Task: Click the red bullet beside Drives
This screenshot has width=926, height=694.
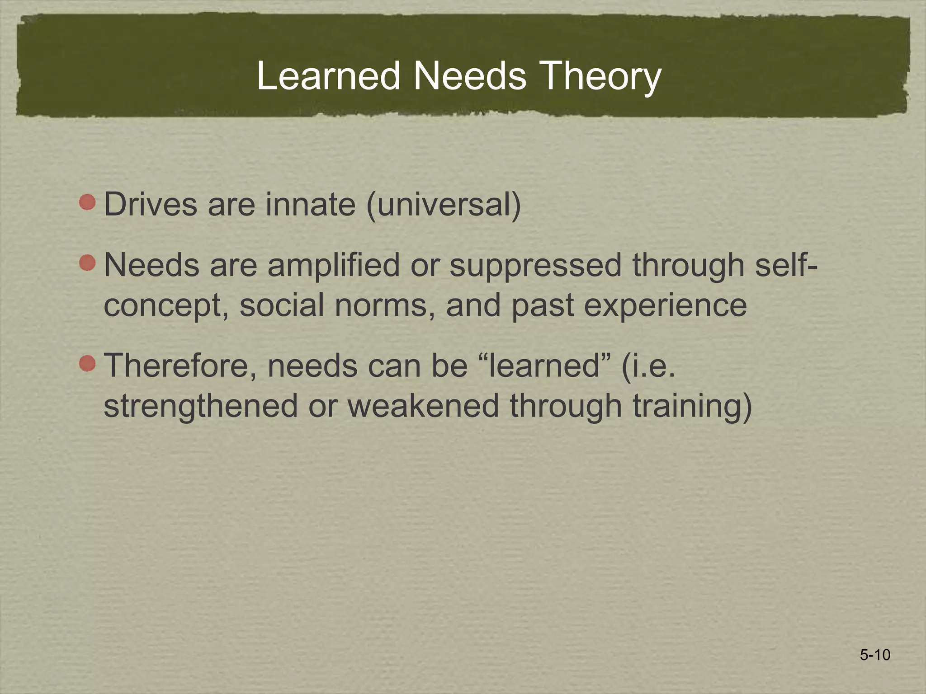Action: pyautogui.click(x=87, y=202)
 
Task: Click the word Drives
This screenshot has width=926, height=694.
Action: pyautogui.click(x=151, y=205)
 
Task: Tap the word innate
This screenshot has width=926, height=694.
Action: pyautogui.click(x=310, y=205)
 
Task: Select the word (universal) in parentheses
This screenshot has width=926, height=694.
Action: pyautogui.click(x=444, y=205)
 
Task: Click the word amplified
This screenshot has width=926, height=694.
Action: pyautogui.click(x=334, y=266)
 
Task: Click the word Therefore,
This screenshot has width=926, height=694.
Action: pyautogui.click(x=181, y=366)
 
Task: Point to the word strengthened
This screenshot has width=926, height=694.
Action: pyautogui.click(x=201, y=406)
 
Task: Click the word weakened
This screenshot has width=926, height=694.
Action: pyautogui.click(x=423, y=406)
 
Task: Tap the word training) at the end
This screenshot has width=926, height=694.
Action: pyautogui.click(x=692, y=406)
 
